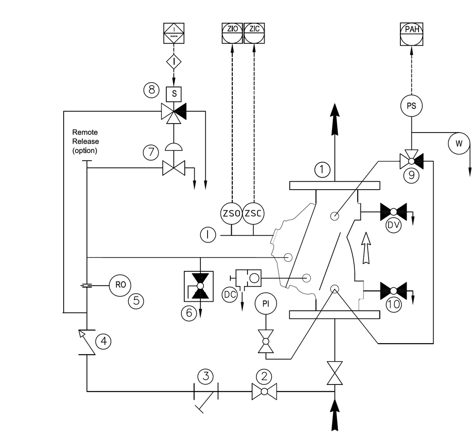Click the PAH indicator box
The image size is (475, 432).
click(x=411, y=34)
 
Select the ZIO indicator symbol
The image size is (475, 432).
click(x=232, y=33)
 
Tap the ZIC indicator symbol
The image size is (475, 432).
click(x=254, y=33)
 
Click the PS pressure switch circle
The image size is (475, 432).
click(x=411, y=106)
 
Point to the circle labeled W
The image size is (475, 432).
click(x=459, y=143)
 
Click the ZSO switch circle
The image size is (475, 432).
click(x=232, y=213)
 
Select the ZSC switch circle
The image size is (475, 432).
click(x=253, y=213)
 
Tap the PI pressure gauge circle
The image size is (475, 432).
click(x=266, y=304)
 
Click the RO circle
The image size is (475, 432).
click(x=120, y=285)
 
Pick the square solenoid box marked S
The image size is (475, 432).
click(x=174, y=94)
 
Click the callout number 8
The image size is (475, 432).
click(x=151, y=90)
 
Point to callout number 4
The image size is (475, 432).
click(x=103, y=341)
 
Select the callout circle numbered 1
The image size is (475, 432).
click(x=323, y=169)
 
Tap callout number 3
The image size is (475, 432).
click(x=205, y=376)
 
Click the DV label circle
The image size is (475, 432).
click(x=393, y=225)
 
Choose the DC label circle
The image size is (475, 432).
click(x=229, y=295)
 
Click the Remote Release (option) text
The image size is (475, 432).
click(x=85, y=141)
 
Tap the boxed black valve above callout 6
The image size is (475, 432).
click(x=199, y=286)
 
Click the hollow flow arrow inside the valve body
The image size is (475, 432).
click(x=366, y=248)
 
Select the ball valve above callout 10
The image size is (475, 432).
click(x=393, y=291)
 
